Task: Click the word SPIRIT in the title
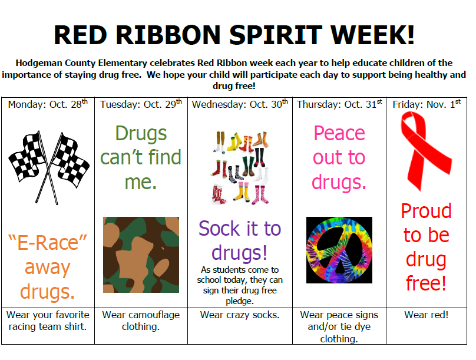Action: pos(275,35)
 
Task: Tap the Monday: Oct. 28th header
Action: pos(48,104)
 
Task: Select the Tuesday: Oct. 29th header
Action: pos(141,104)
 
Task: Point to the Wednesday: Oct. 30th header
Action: pos(240,104)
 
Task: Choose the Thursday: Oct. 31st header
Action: pos(339,104)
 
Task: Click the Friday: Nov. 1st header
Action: pos(427,104)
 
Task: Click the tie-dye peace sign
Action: pos(339,250)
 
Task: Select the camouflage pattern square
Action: pos(141,255)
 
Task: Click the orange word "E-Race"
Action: pos(48,243)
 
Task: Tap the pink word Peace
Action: pos(339,133)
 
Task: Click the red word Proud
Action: pos(426,211)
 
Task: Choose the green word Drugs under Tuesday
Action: pos(141,134)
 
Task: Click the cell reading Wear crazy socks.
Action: pos(240,315)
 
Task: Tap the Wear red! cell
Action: pos(426,315)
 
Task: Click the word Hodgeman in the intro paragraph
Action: pos(39,63)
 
